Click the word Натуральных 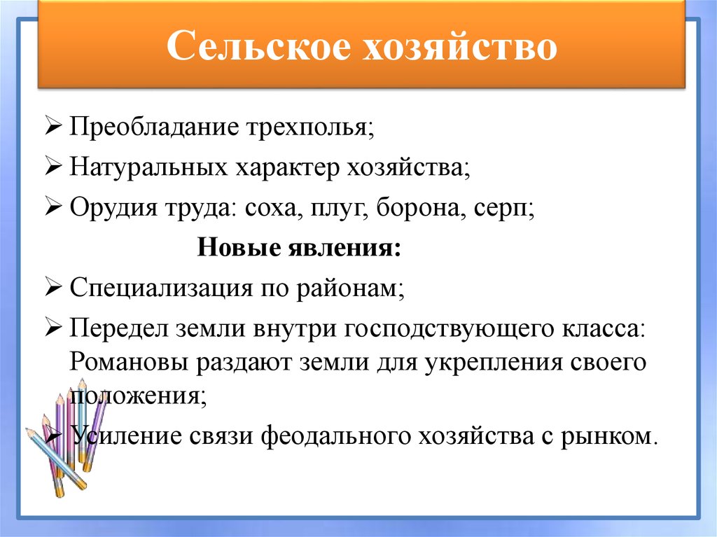pyautogui.click(x=147, y=169)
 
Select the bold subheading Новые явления pyautogui.click(x=300, y=248)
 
